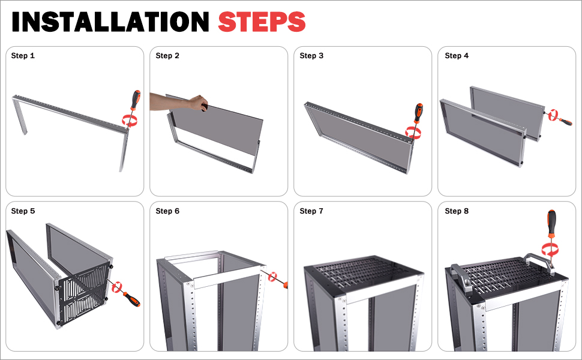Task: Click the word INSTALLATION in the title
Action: click(110, 22)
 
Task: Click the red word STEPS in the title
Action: click(262, 22)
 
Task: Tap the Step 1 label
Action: click(23, 56)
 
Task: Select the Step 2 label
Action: click(167, 56)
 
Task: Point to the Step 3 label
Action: click(311, 56)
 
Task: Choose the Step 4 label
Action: click(457, 56)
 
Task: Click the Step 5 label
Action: click(23, 211)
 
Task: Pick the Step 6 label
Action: click(167, 211)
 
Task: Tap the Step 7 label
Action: click(311, 211)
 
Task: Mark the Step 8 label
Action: click(457, 211)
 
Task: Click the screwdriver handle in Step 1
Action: click(136, 100)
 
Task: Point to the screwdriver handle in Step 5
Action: click(132, 299)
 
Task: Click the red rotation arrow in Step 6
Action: click(273, 277)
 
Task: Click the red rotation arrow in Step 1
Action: click(130, 120)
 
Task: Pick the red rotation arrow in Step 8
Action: click(550, 248)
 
